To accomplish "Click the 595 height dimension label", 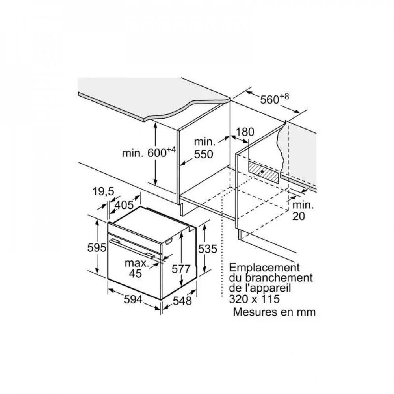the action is pos(97,248).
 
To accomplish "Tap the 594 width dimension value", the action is pos(133,299).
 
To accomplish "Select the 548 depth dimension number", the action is pos(182,301).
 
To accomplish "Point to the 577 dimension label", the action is pos(181,269).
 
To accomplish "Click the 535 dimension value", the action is pos(208,249).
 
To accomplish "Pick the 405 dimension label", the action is pos(124,205).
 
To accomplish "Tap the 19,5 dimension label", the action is pos(103,191).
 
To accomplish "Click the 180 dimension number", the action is pos(245,132).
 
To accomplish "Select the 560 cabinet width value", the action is pos(269,100).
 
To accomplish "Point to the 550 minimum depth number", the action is pos(204,154).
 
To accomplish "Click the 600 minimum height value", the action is pos(157,153).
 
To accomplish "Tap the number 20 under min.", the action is pos(299,216).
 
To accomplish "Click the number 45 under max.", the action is pos(136,273).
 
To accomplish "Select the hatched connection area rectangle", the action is pos(263,172).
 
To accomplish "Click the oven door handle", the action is pos(132,249).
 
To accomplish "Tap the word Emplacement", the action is pos(264,268).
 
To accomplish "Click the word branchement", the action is pos(279,278).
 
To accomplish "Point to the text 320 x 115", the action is pos(254,299).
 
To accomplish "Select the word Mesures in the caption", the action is pos(254,312).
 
